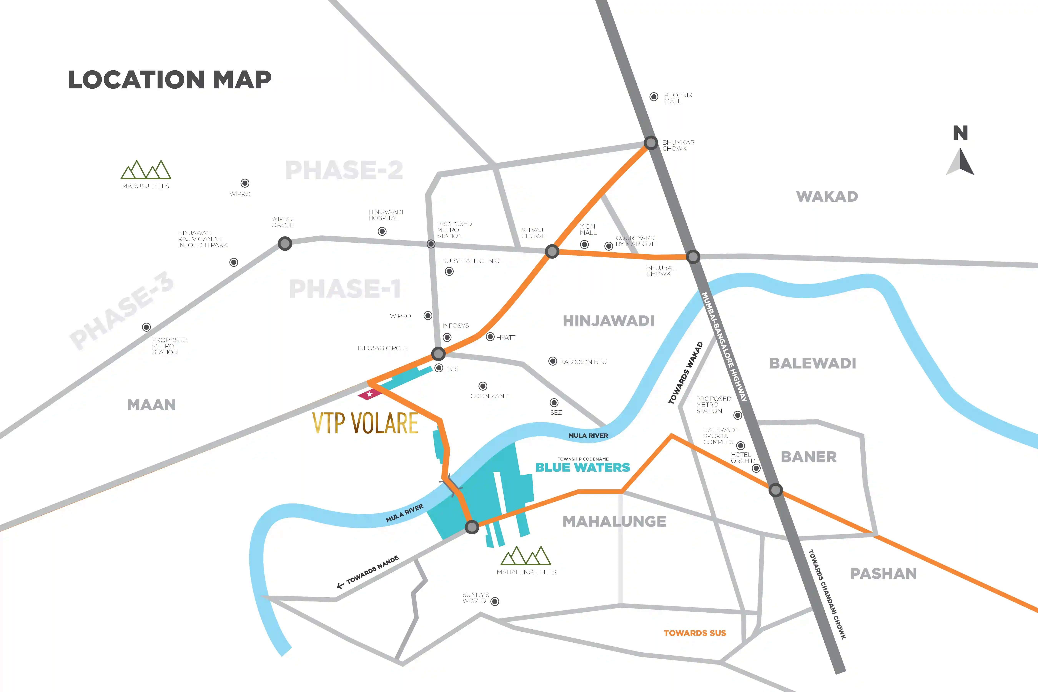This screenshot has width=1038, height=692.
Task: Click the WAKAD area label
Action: (827, 196)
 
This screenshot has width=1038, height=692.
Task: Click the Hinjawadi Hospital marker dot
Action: (382, 231)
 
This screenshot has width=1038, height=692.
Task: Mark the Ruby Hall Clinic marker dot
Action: (449, 271)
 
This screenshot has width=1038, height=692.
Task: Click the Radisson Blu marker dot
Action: (552, 361)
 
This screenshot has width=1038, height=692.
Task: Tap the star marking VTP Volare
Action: (369, 394)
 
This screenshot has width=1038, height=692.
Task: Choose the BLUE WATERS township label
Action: (583, 467)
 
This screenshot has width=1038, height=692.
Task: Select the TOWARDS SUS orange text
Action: (695, 633)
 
